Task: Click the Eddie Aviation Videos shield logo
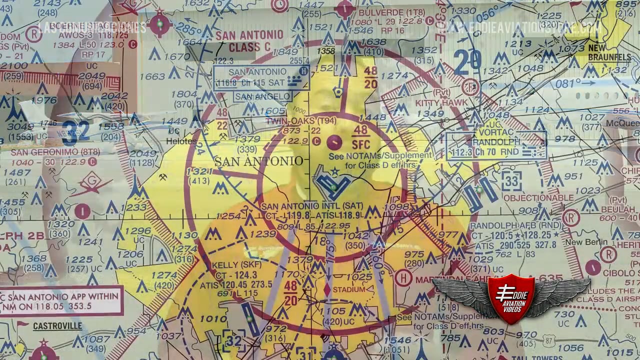[511, 297]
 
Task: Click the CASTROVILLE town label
[57, 326]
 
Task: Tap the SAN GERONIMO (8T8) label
[48, 152]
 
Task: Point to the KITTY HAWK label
[441, 102]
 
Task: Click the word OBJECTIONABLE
[538, 197]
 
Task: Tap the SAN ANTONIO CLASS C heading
[249, 41]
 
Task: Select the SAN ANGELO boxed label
[262, 97]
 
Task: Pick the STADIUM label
[348, 290]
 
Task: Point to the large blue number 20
[467, 60]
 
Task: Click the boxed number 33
[511, 180]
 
